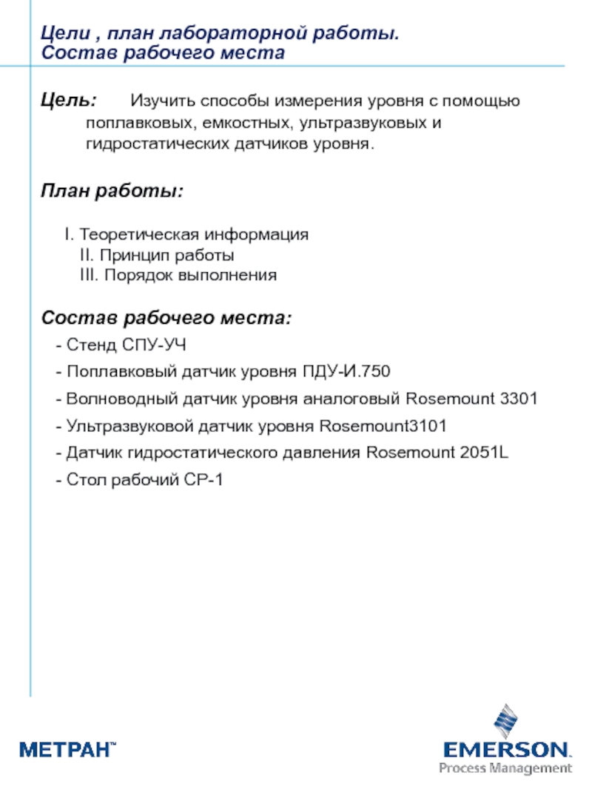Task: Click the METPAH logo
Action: (x=67, y=750)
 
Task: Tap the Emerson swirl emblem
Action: (x=506, y=725)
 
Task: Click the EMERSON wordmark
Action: (x=507, y=750)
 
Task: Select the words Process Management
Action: (x=505, y=768)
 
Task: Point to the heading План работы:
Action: (x=112, y=192)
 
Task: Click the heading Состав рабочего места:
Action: (x=166, y=319)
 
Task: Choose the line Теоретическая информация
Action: (x=194, y=235)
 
